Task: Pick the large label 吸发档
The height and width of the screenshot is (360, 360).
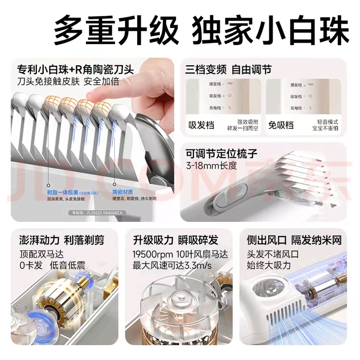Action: coord(201,125)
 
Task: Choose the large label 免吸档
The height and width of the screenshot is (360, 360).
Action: coord(282,125)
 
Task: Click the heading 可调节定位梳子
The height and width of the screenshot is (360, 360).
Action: coord(222,154)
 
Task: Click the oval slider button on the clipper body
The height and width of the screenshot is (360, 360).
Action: coord(224,198)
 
